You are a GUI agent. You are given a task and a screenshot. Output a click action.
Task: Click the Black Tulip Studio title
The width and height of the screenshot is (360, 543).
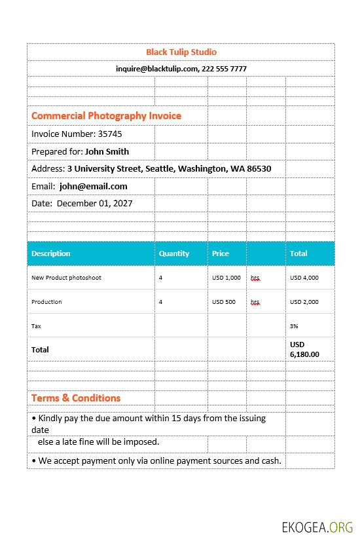pyautogui.click(x=181, y=52)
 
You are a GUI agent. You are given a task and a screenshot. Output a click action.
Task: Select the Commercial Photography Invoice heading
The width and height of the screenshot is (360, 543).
pyautogui.click(x=107, y=116)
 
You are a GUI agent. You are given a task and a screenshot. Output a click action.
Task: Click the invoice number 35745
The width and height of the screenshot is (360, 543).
pyautogui.click(x=110, y=134)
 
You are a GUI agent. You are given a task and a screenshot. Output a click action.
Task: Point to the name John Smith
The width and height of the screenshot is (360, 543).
pyautogui.click(x=107, y=151)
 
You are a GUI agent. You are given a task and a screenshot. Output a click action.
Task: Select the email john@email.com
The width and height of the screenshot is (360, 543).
pyautogui.click(x=93, y=186)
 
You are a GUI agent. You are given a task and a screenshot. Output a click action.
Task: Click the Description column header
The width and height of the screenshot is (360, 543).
pyautogui.click(x=51, y=253)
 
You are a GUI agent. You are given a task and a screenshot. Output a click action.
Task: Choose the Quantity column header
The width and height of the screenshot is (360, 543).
pyautogui.click(x=174, y=253)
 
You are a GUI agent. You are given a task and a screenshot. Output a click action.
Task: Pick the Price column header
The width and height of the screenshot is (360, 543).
pyautogui.click(x=221, y=253)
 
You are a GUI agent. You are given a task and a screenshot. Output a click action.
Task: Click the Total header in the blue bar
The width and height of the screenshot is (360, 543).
pyautogui.click(x=298, y=253)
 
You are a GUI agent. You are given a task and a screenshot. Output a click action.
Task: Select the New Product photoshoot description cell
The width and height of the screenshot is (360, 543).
pyautogui.click(x=66, y=278)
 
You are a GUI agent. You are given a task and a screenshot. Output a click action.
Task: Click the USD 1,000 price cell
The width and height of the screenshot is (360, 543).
pyautogui.click(x=226, y=278)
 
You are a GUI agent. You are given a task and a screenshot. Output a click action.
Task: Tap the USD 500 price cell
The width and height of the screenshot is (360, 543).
pyautogui.click(x=224, y=302)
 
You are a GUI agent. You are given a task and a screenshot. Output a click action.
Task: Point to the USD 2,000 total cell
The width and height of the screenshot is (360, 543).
pyautogui.click(x=304, y=302)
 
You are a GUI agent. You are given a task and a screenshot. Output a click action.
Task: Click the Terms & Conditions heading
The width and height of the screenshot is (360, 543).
pyautogui.click(x=76, y=398)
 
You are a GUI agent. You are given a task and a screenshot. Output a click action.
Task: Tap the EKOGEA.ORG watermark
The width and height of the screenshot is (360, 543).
pyautogui.click(x=317, y=527)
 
